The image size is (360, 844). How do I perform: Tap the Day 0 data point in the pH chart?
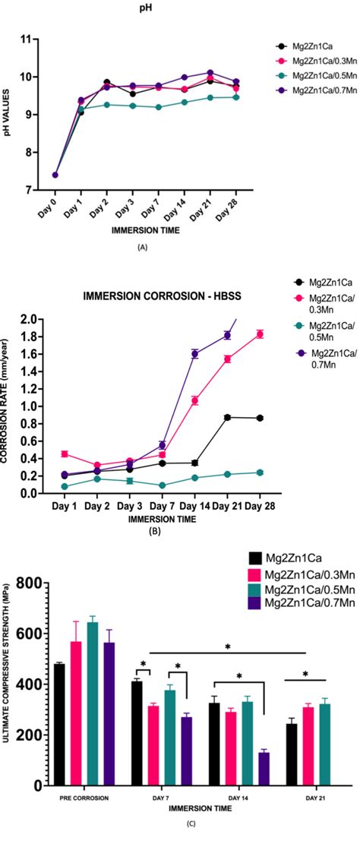point(55,175)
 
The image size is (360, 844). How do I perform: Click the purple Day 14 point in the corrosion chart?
point(195,353)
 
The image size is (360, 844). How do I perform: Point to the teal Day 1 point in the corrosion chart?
point(65,486)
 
